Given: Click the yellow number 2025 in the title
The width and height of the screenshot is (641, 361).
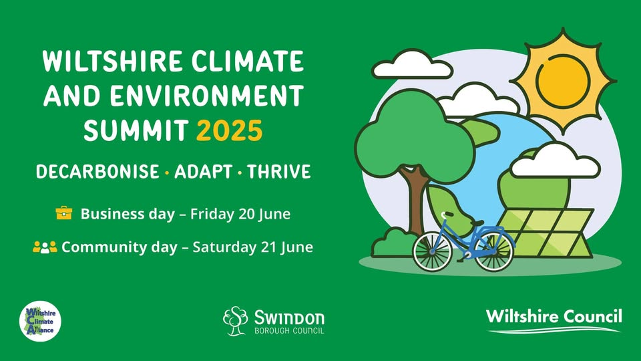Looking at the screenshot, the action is click(229, 130).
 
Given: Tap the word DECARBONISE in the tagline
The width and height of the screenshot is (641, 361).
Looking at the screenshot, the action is click(97, 172).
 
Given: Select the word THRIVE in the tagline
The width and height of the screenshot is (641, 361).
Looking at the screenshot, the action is click(279, 172).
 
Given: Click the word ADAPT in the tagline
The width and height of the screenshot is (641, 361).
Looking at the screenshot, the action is click(203, 172).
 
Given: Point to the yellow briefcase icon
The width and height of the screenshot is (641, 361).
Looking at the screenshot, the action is click(64, 213).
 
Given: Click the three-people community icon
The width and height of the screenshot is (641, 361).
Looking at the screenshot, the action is click(45, 247).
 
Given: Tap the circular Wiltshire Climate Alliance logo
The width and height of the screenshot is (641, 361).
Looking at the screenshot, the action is click(40, 322).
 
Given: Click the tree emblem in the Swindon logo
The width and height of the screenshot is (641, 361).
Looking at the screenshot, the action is click(236, 321).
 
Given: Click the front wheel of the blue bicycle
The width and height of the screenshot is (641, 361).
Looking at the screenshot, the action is click(433, 251).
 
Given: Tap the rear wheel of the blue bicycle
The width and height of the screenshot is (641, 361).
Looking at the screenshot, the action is click(494, 251).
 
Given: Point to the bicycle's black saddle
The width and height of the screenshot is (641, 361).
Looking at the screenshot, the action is click(477, 223).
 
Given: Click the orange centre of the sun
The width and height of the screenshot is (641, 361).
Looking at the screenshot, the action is click(563, 81).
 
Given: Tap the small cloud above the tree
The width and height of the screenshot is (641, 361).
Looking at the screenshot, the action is click(413, 65).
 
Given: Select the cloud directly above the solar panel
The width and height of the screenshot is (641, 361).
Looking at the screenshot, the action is click(555, 161).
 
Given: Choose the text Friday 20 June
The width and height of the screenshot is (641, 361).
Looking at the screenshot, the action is click(240, 214).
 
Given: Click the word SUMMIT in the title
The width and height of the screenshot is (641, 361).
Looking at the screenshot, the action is click(136, 130).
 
